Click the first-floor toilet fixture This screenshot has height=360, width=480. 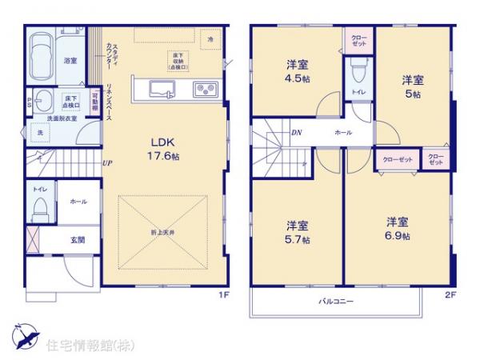coord(38,210)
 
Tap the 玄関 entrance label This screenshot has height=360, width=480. coord(77,240)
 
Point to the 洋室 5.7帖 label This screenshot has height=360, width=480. coord(298,231)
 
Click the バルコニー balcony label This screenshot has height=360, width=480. coord(333,301)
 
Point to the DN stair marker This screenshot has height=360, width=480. coord(297,132)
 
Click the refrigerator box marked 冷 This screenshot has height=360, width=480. coord(210,39)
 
